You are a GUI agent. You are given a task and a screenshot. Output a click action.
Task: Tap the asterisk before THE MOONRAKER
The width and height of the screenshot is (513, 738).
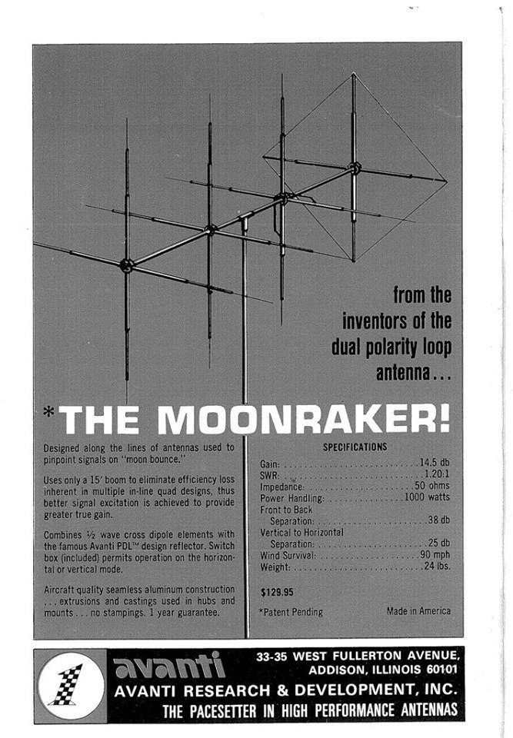pyautogui.click(x=48, y=411)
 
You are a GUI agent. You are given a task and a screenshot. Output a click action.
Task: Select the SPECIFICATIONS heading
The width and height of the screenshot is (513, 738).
pyautogui.click(x=355, y=447)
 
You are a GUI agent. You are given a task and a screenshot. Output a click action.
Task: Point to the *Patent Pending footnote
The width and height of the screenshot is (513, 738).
pyautogui.click(x=291, y=612)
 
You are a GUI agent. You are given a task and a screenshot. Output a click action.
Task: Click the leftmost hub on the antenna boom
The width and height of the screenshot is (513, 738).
pyautogui.click(x=128, y=264)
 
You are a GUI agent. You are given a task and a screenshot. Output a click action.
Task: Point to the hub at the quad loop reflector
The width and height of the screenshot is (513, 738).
pyautogui.click(x=354, y=167)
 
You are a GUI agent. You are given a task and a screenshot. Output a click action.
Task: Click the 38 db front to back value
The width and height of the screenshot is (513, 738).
pyautogui.click(x=438, y=520)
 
